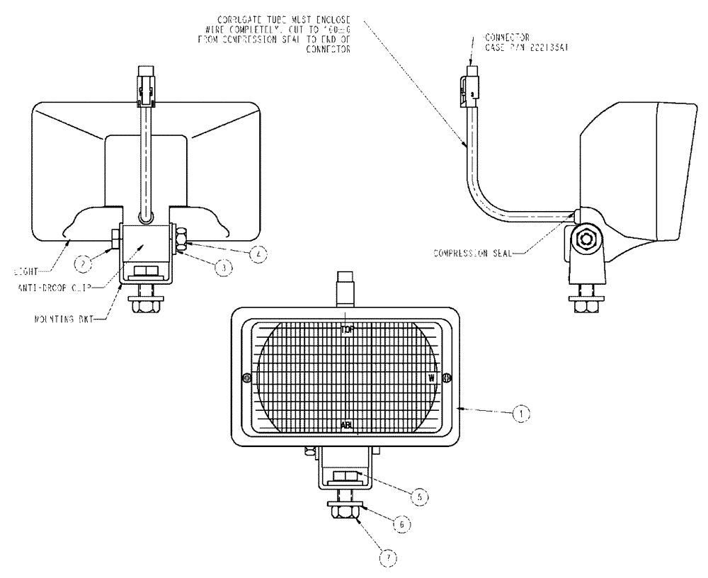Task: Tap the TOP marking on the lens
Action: (x=346, y=329)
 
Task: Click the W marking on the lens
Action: (x=431, y=378)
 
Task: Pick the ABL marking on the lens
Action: (x=346, y=426)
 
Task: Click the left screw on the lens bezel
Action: (x=246, y=378)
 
